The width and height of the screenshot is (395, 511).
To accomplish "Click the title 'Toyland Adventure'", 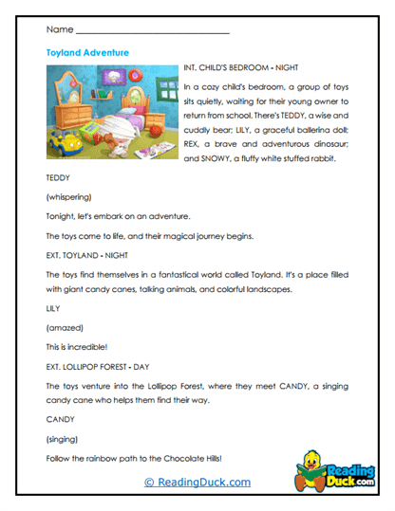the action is click(x=87, y=53).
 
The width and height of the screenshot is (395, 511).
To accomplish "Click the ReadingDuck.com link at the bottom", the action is click(x=197, y=482).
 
